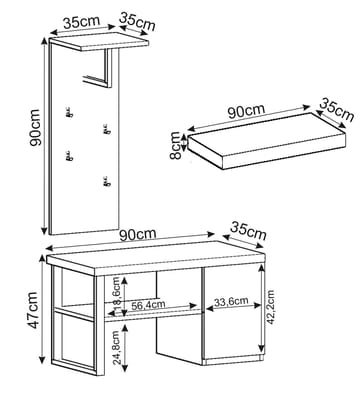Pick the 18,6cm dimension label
point(116,292)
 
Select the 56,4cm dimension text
point(147,307)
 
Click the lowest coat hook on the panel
point(105,181)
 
